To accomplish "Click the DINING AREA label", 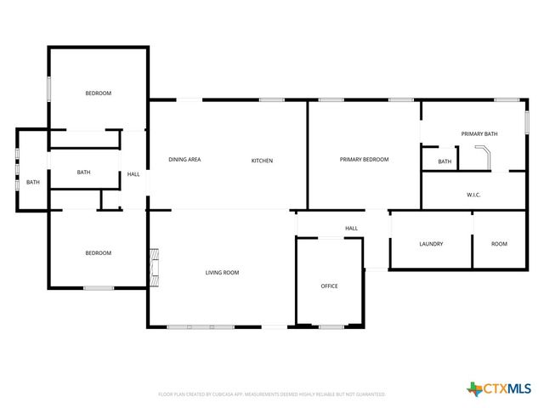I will pos(184,160).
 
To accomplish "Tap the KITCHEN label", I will pos(262,161).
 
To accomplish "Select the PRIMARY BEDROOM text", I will pos(364,160).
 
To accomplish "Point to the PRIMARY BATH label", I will pos(479,134).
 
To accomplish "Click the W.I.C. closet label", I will pos(473,195).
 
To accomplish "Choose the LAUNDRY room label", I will pos(431,244).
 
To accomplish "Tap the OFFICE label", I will pos(329,286).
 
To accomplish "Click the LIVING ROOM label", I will pos(222,273).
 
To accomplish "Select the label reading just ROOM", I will pos(499,244).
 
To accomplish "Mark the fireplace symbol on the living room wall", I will pos(154,265).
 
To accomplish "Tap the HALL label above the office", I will pos(351,228).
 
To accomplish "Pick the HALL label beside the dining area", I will pos(133,174).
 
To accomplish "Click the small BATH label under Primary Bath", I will pos(445,161).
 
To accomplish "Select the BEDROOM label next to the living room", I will pos(98,252).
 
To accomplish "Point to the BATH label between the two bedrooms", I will pos(83,173).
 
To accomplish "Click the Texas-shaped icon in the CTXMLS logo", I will pos(474,389).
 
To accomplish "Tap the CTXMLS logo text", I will pos(507,389).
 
